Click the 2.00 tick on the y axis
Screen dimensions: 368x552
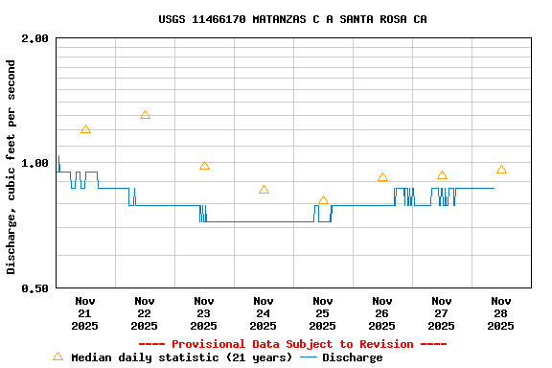pos(35,38)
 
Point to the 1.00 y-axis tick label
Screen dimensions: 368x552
pos(35,163)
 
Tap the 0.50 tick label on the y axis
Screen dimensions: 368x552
pos(35,287)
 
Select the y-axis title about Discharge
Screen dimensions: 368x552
pos(11,167)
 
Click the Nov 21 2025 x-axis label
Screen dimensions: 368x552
pos(85,312)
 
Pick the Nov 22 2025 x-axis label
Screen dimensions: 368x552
pos(145,312)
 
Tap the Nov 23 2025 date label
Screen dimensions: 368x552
pos(204,312)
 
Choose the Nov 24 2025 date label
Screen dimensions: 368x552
pos(264,312)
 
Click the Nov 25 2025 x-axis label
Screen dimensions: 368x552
pos(323,312)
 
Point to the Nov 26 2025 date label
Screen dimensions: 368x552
pos(382,312)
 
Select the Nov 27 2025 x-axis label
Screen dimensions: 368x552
pos(442,312)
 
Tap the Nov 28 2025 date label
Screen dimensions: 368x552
pos(501,312)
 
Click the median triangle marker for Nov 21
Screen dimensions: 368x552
pos(85,129)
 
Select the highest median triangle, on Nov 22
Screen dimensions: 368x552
pos(145,115)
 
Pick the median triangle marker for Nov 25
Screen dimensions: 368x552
pos(323,200)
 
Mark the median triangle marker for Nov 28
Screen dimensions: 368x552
pos(501,170)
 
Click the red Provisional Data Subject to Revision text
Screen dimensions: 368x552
pos(292,344)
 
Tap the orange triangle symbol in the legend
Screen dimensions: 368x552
pos(57,356)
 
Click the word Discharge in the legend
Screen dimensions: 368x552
pos(352,357)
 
